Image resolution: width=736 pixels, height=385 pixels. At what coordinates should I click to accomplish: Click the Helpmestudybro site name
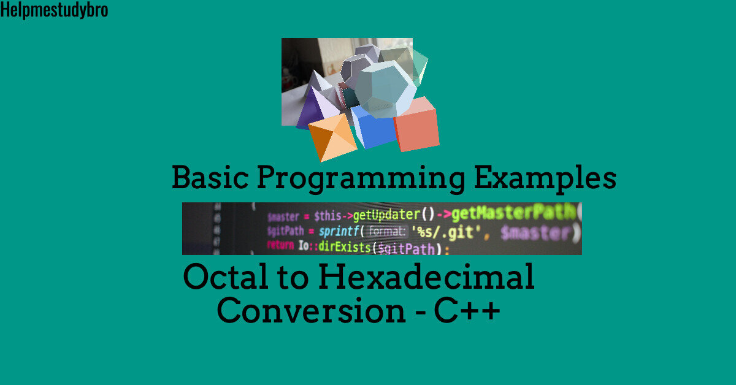54,10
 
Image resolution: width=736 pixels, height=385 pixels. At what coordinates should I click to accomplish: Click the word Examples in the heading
545,178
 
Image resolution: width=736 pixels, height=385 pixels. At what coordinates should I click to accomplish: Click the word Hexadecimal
426,277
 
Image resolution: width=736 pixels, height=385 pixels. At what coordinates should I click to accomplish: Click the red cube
416,125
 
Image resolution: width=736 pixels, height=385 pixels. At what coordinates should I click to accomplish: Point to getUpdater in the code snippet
385,215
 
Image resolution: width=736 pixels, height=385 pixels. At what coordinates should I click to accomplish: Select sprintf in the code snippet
339,232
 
